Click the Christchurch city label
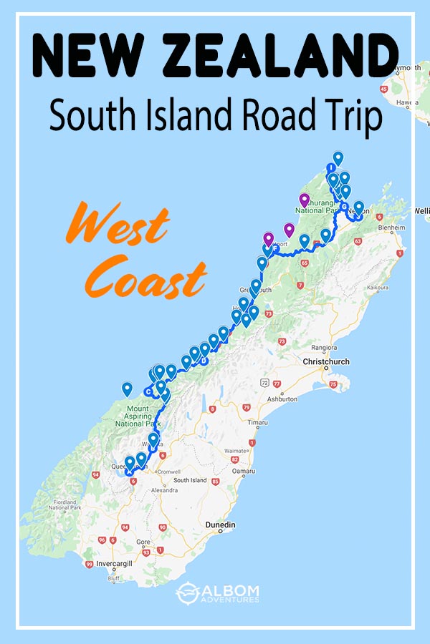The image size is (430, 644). point(326,362)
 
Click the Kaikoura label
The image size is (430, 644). point(378,288)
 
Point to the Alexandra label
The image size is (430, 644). point(164,491)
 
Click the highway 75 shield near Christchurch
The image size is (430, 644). point(334,384)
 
